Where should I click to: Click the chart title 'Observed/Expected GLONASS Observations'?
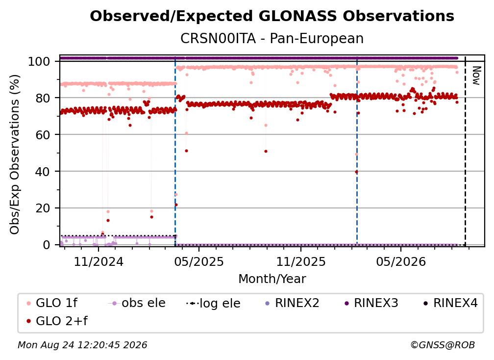(272, 16)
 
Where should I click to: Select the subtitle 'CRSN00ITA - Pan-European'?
(272, 38)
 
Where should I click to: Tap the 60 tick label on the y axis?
(43, 135)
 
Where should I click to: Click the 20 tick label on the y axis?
(43, 208)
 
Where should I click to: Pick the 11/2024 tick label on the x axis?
(99, 261)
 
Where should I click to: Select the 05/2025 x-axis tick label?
(199, 261)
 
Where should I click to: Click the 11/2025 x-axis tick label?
(301, 261)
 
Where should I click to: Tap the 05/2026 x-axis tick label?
(401, 261)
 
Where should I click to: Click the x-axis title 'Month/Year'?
(272, 279)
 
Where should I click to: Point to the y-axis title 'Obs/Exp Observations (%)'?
(15, 154)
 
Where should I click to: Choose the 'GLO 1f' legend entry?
(51, 303)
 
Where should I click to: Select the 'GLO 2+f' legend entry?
(57, 321)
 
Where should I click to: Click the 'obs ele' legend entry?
(137, 303)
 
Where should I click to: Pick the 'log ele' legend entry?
(213, 303)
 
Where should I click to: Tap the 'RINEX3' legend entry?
(371, 303)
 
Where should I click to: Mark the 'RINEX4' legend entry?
(450, 303)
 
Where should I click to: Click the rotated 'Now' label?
(476, 76)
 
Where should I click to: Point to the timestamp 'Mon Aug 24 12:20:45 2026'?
(82, 345)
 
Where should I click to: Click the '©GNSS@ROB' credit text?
(443, 345)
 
